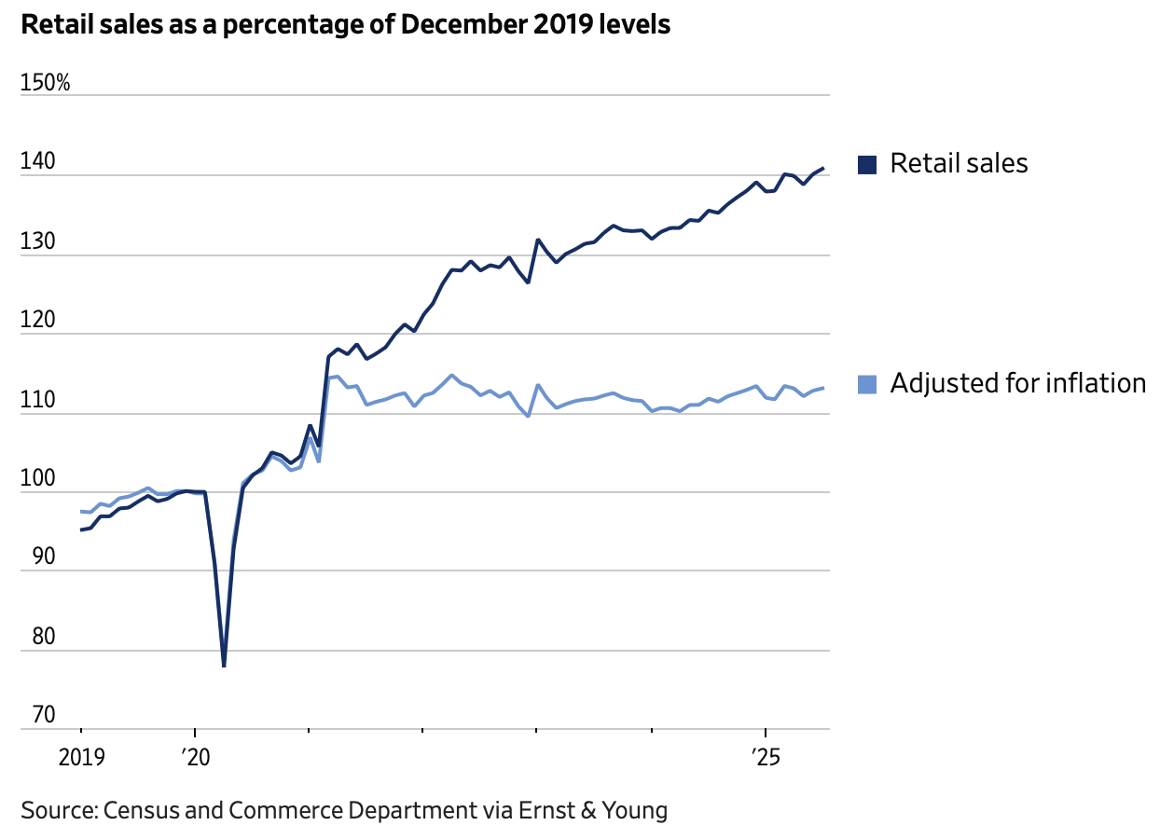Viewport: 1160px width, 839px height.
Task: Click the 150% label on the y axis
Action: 45,83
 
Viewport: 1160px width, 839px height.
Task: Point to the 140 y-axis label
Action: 36,163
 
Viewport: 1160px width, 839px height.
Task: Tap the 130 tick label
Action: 36,242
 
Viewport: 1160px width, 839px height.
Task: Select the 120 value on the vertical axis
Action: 36,322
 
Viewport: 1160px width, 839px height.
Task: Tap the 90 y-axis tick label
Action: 33,558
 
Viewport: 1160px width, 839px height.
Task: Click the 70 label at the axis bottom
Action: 33,716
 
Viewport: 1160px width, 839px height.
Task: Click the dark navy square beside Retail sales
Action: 867,165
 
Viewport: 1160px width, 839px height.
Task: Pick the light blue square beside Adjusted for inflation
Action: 867,384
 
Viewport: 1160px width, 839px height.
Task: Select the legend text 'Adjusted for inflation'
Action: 1017,383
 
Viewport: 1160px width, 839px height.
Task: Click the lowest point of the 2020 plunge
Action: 224,666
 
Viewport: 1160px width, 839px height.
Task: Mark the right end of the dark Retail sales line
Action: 822,169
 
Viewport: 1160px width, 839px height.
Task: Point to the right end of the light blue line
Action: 822,388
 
